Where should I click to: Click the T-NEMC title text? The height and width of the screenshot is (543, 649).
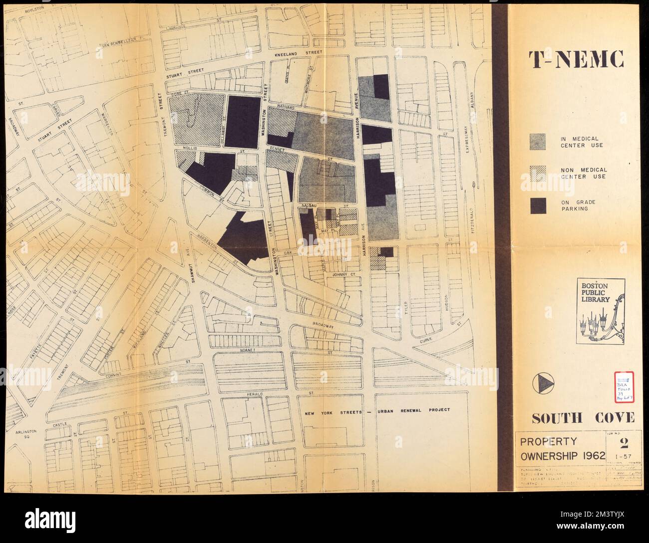pyautogui.click(x=577, y=61)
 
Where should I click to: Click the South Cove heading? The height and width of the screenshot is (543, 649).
pyautogui.click(x=576, y=418)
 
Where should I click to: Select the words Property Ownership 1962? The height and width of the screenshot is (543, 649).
pyautogui.click(x=562, y=449)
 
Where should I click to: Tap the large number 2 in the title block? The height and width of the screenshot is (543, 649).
pyautogui.click(x=623, y=443)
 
